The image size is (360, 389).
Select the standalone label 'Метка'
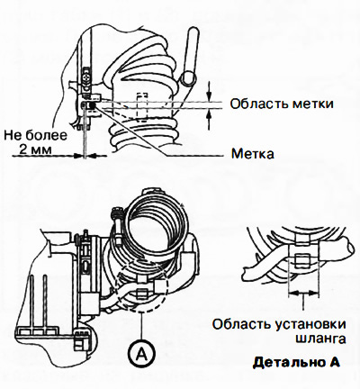(253, 154)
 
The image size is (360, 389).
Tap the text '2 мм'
(35, 149)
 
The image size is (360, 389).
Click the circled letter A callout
(142, 355)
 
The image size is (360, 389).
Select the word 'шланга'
(320, 339)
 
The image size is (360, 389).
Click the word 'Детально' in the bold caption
(288, 362)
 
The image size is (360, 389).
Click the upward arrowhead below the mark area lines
(210, 114)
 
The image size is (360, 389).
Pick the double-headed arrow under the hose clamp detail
(303, 292)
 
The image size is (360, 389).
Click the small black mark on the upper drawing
(92, 105)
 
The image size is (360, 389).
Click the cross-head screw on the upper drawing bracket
(86, 77)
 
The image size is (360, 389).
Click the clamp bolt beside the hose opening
(118, 226)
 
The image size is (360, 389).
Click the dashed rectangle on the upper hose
(142, 107)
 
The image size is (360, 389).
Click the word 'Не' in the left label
(13, 135)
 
